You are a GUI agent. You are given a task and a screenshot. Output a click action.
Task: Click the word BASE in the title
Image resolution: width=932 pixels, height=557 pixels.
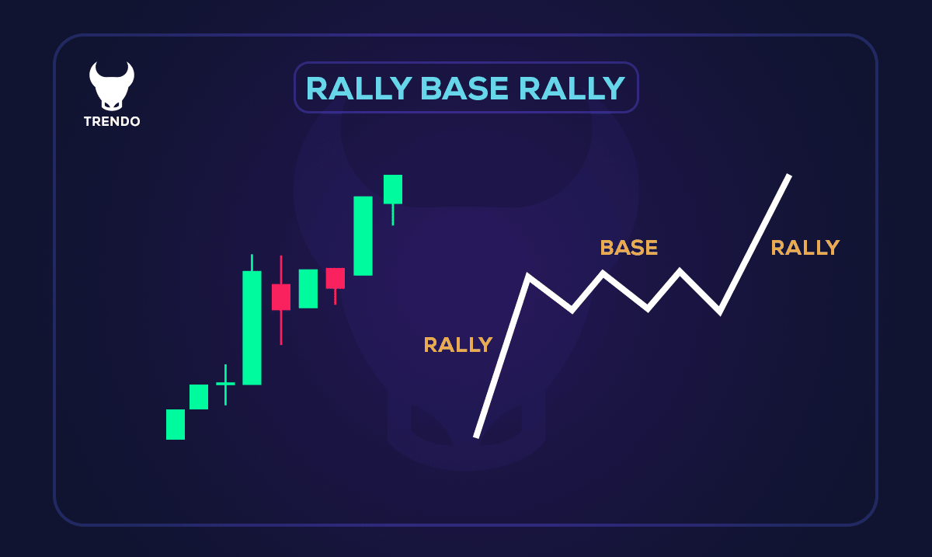[x=464, y=89]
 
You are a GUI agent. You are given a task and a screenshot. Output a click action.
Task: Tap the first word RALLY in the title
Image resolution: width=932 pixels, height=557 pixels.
[x=358, y=89]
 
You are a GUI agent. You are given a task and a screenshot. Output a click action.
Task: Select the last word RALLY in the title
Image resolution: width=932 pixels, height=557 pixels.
[x=572, y=89]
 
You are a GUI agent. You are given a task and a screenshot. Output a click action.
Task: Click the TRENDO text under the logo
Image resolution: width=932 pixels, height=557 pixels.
[x=112, y=122]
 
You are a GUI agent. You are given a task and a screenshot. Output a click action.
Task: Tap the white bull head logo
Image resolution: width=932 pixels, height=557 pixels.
[x=112, y=85]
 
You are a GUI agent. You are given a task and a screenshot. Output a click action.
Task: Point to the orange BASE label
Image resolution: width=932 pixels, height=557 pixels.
[x=628, y=248]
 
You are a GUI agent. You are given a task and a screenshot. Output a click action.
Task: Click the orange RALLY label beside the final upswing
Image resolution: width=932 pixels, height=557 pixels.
[x=805, y=248]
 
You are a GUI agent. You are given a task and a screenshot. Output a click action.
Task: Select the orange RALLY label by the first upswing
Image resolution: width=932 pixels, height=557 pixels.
[x=457, y=344]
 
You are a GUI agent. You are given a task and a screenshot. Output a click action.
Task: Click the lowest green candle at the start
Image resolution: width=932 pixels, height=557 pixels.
[x=176, y=424]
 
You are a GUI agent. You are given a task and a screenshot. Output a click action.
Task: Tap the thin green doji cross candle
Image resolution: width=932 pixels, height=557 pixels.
[x=225, y=384]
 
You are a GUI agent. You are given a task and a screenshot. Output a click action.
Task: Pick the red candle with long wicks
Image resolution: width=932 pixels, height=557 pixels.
[x=280, y=297]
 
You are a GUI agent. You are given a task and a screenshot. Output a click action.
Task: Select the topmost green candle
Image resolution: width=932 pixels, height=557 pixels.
[x=393, y=190]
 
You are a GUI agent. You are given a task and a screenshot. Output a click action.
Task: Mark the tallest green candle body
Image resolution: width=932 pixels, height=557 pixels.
[x=252, y=327]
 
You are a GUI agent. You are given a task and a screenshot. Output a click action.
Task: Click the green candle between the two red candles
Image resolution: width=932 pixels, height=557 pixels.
[x=308, y=288]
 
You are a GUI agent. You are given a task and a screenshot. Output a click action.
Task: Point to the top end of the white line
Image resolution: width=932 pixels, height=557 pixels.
[x=788, y=176]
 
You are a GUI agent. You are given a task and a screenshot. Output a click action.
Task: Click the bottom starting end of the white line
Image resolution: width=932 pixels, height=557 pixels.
[x=476, y=436]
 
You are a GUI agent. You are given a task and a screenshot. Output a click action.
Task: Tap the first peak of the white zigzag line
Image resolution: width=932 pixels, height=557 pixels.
[x=528, y=277]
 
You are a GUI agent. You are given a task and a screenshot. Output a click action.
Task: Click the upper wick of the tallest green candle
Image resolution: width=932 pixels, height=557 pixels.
[x=252, y=263]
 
